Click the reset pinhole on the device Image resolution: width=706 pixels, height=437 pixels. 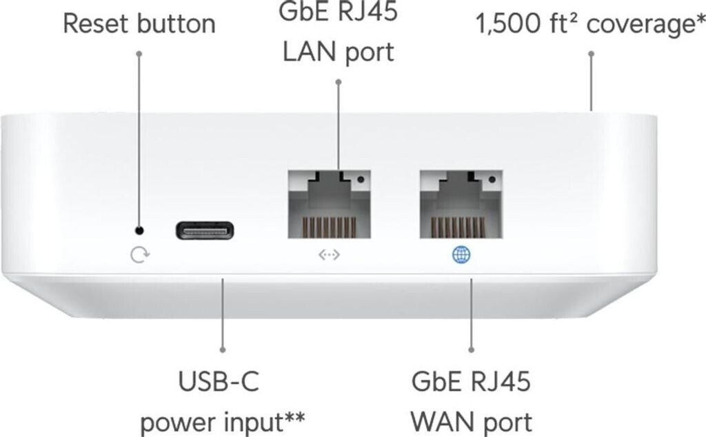[139, 231]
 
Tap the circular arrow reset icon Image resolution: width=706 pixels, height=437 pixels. [139, 255]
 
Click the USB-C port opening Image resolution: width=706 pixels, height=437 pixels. [204, 231]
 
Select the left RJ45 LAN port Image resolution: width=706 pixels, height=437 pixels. [329, 204]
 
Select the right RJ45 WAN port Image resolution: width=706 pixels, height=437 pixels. [461, 204]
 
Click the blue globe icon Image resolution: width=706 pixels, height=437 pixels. [461, 255]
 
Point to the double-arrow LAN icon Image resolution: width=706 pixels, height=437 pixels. [329, 255]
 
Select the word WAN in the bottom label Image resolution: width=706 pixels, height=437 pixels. [440, 422]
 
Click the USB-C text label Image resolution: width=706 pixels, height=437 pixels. [219, 381]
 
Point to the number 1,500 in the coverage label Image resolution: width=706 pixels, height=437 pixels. [508, 24]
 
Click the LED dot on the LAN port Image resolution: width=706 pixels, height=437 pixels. [360, 180]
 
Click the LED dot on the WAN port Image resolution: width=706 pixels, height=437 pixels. [492, 180]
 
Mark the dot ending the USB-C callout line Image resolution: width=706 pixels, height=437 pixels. [223, 349]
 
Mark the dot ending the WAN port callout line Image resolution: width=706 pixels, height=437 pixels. [472, 349]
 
